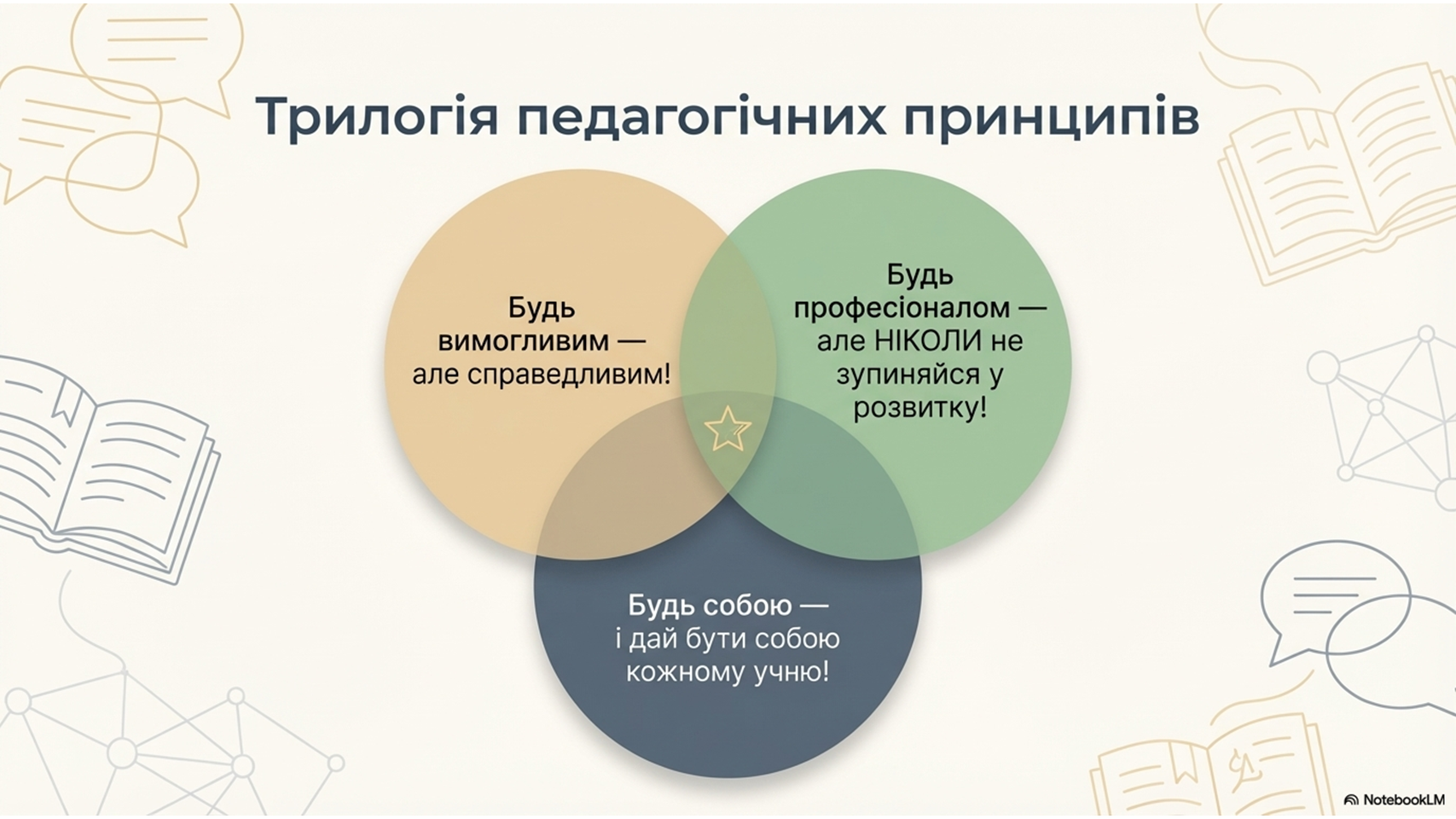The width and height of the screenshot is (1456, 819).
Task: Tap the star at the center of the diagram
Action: (728, 429)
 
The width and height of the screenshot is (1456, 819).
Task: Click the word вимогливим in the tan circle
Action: (523, 341)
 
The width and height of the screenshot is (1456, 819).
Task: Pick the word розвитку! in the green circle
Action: (919, 409)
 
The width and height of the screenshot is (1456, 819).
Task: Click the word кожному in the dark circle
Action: (686, 672)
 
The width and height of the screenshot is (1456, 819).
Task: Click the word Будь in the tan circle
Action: (542, 307)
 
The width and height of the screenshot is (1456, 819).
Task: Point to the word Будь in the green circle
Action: (919, 275)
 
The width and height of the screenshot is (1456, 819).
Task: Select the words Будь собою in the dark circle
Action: (710, 606)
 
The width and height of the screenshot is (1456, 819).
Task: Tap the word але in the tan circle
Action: (435, 375)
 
